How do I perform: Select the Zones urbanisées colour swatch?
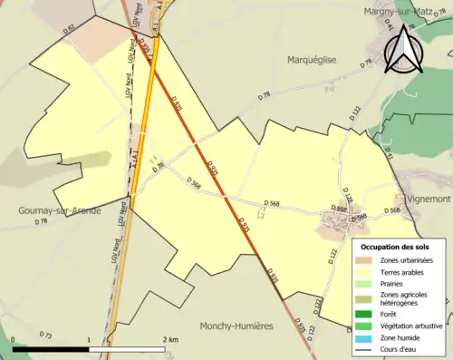tap(364, 260)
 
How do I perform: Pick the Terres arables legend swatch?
tap(364, 271)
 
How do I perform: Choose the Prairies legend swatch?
tap(364, 282)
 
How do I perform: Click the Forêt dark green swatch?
tap(364, 315)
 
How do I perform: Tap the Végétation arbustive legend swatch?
tap(364, 326)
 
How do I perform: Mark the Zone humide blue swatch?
tap(364, 336)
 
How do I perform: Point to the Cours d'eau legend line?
tap(364, 347)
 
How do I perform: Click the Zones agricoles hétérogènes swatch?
tap(364, 296)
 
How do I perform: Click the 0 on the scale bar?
tap(14, 339)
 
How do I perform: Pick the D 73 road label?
tap(47, 336)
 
